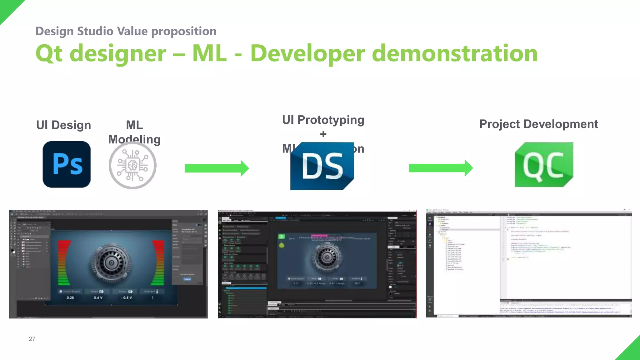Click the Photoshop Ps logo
(67, 164)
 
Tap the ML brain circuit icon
(132, 166)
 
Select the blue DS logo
(322, 166)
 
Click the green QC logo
(544, 165)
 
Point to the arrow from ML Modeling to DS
(217, 168)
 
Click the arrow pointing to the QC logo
(441, 168)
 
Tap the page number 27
(32, 339)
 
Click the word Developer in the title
(307, 53)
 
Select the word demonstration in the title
(455, 53)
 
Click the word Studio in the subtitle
(95, 31)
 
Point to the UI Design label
(64, 125)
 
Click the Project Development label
(538, 124)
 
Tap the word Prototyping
(331, 120)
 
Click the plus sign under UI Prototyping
(323, 134)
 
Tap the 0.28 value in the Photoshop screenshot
(70, 298)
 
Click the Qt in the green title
(49, 54)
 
